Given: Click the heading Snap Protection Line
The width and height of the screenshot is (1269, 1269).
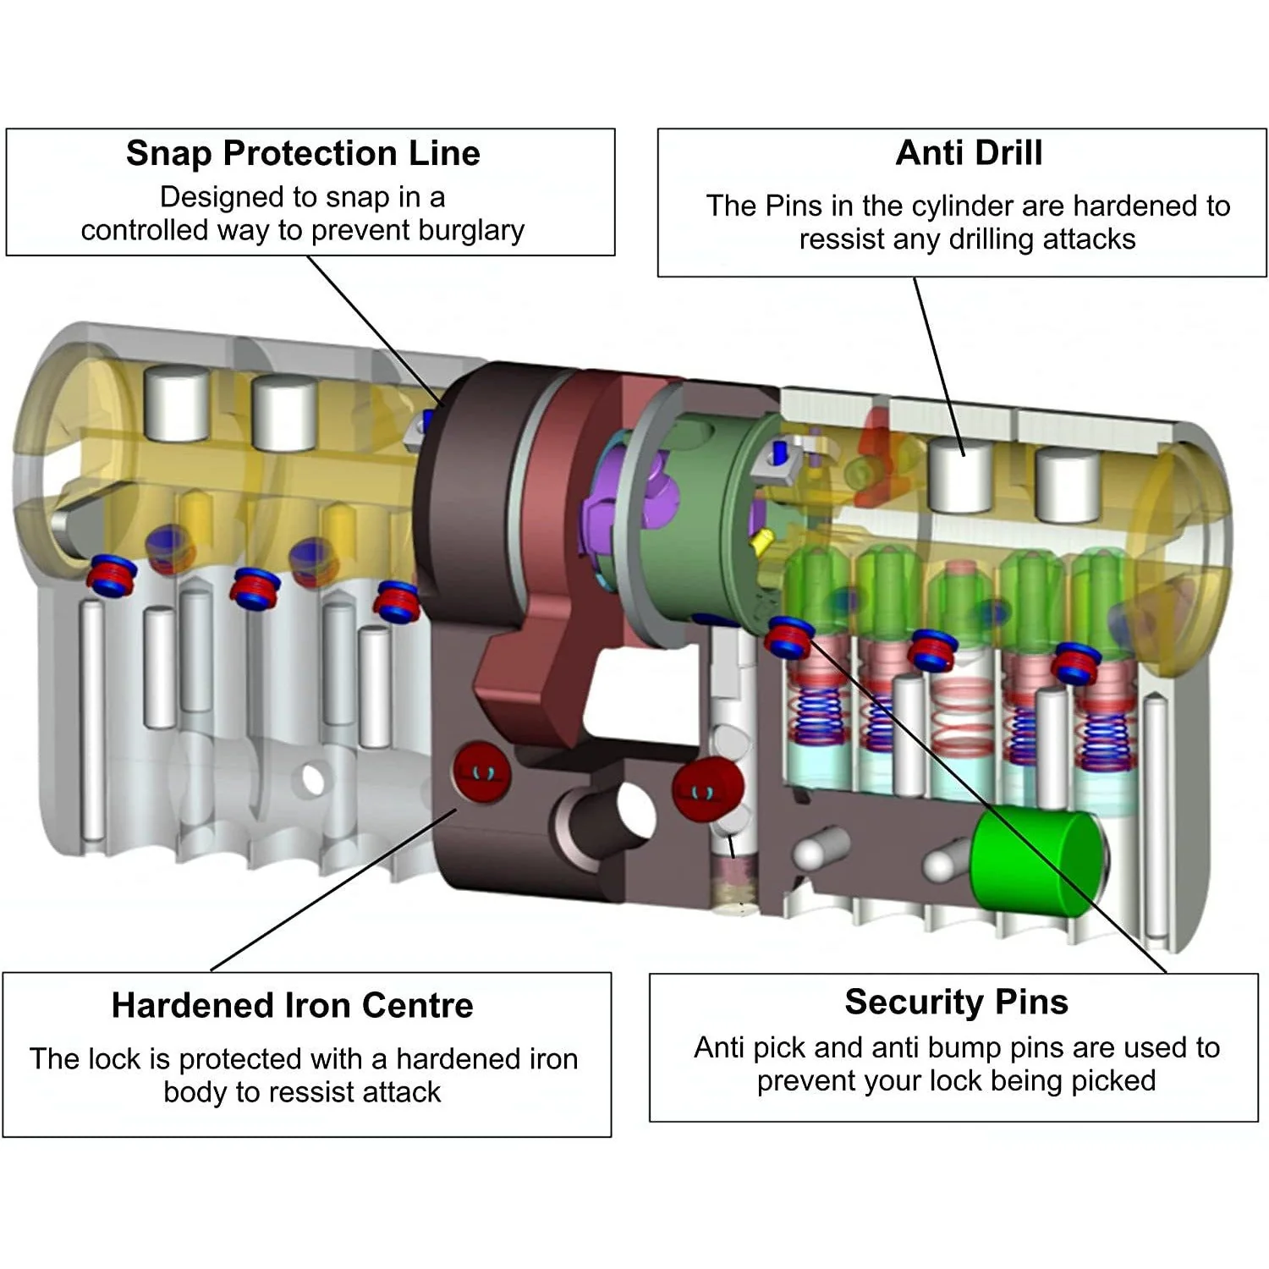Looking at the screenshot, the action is tap(303, 153).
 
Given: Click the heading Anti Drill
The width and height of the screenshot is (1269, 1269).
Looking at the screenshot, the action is tap(969, 153).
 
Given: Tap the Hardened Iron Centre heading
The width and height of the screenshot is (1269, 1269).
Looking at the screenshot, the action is tap(292, 1005).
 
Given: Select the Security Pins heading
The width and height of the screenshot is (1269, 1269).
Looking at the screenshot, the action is tap(956, 1002).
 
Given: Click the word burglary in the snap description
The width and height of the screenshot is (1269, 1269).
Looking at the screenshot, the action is tap(471, 231).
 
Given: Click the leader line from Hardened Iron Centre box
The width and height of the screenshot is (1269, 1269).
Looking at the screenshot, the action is tap(333, 890).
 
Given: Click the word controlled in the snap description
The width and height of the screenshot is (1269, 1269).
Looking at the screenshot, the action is tap(145, 230).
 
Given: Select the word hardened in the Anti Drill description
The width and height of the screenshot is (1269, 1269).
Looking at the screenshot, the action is tap(1133, 206).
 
